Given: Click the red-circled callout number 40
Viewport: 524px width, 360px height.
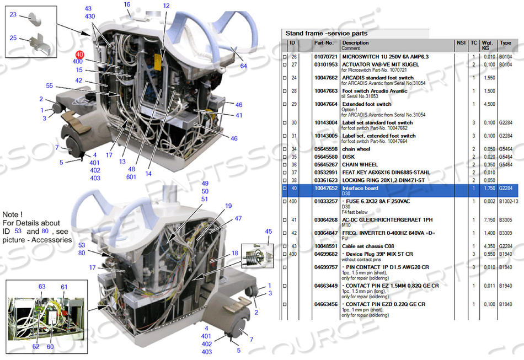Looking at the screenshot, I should click(x=81, y=55).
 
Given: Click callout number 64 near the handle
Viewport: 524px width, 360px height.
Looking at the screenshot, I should click(x=243, y=66).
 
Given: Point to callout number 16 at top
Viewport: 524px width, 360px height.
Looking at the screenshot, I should click(x=127, y=5).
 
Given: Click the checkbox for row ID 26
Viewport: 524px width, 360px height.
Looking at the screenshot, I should click(x=285, y=56).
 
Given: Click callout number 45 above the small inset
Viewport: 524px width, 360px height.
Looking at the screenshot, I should click(x=269, y=232).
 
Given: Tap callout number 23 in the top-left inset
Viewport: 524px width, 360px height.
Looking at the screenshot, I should click(x=13, y=15).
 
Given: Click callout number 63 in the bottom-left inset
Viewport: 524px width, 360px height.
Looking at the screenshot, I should click(x=42, y=287).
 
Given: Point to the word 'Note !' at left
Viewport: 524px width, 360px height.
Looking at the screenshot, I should click(x=13, y=214).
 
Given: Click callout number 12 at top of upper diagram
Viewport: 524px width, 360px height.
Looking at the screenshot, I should click(x=166, y=6).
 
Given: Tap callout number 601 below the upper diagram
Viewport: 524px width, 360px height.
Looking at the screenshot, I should click(x=131, y=177).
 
